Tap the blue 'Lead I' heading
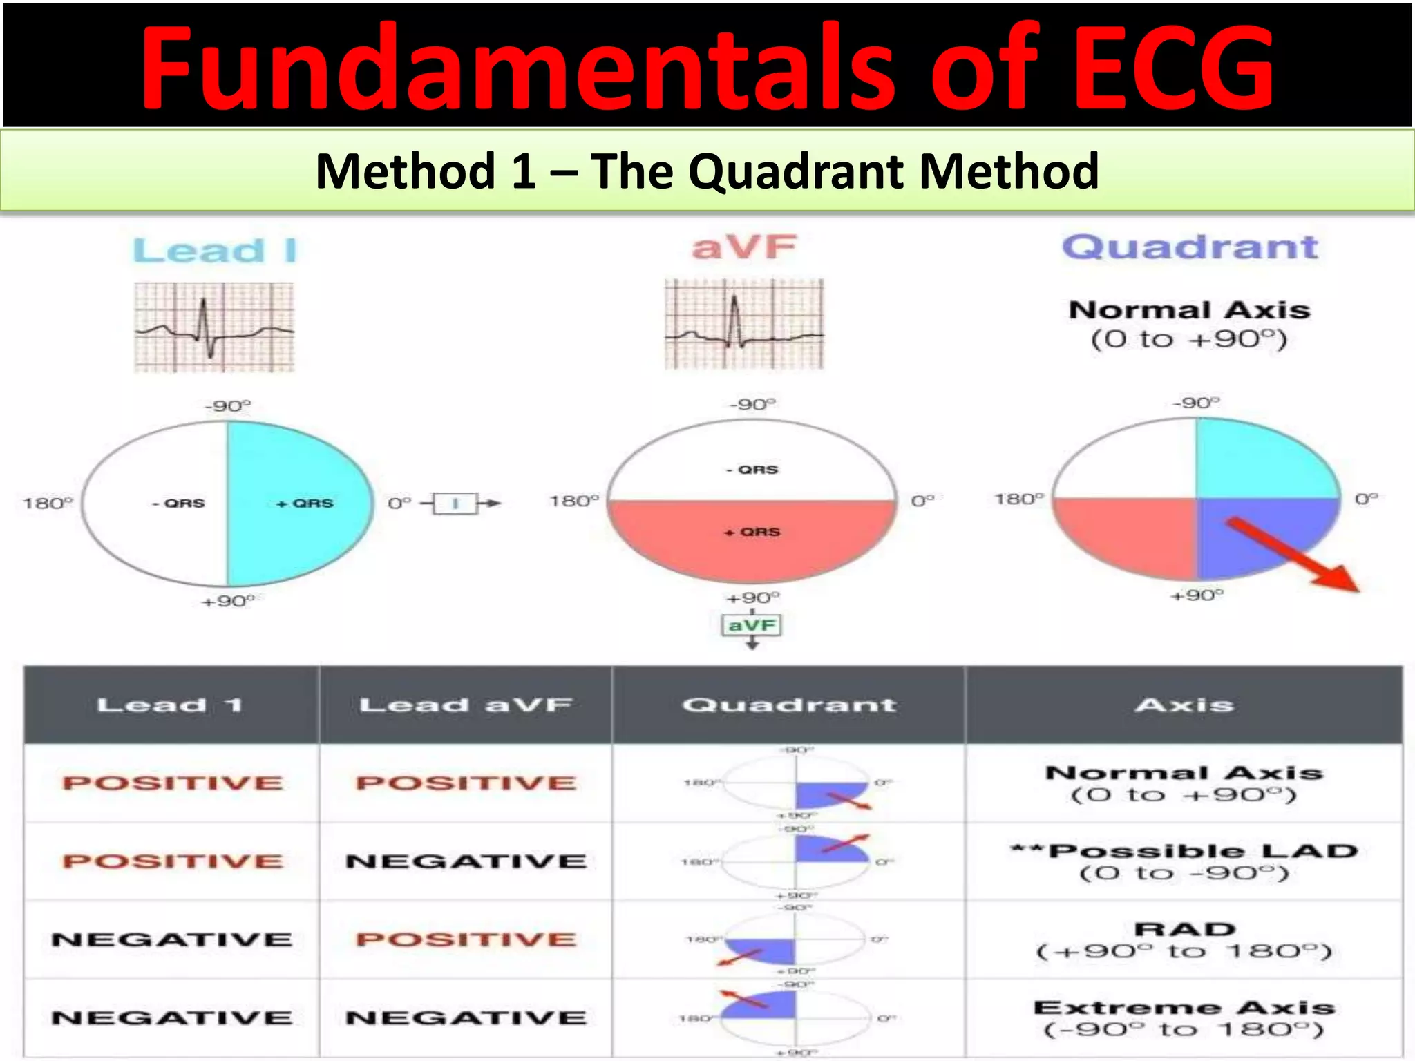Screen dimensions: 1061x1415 (x=215, y=250)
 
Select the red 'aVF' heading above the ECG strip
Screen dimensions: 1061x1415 (x=744, y=247)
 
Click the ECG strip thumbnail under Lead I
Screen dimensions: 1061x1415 (x=214, y=327)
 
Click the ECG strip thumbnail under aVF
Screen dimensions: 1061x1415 (x=744, y=324)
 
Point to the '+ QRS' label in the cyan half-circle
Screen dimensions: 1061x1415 (x=305, y=504)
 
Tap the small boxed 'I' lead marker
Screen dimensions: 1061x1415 (x=455, y=504)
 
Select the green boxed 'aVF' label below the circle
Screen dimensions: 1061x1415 (x=752, y=626)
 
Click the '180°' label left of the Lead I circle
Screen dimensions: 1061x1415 (x=47, y=503)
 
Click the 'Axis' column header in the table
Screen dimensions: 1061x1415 (x=1184, y=705)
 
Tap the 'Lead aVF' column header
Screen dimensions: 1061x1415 (x=466, y=705)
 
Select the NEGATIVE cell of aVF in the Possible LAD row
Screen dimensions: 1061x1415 (x=466, y=861)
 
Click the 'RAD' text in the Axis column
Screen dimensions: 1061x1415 (x=1184, y=929)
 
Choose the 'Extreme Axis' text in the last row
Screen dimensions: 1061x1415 (x=1184, y=1008)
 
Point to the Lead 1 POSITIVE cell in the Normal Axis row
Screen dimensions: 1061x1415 (x=172, y=783)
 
